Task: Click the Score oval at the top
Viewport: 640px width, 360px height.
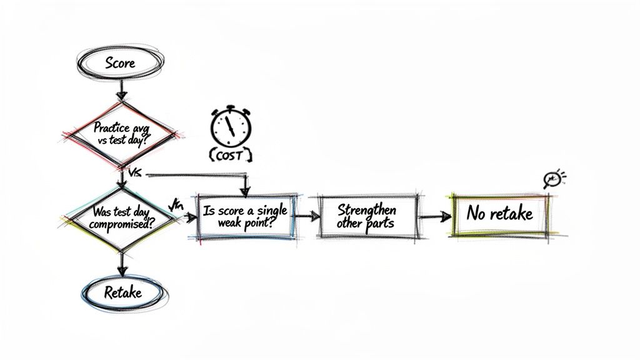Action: click(121, 63)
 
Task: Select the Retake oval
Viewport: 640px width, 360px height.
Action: click(122, 292)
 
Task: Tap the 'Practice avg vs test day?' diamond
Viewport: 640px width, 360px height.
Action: click(119, 133)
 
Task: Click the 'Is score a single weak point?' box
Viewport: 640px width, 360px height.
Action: click(241, 216)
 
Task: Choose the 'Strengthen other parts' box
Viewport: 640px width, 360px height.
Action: click(366, 216)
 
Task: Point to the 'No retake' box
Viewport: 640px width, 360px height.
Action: click(499, 214)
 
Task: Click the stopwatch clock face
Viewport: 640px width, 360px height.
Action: click(230, 127)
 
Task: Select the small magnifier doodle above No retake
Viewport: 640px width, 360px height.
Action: click(552, 180)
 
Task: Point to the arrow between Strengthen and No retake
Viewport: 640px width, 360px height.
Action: click(435, 216)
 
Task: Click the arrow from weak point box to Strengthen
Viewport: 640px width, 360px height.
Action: click(305, 216)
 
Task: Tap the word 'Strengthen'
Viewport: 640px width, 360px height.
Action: click(366, 209)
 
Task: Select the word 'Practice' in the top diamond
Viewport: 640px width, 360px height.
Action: click(111, 127)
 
